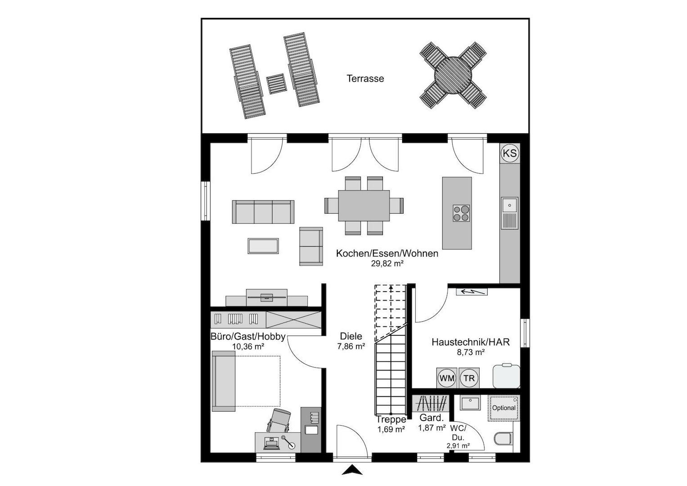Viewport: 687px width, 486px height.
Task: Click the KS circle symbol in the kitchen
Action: tap(510, 153)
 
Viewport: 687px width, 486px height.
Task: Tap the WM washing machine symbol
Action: tap(447, 378)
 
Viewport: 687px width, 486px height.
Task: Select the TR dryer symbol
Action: tap(469, 378)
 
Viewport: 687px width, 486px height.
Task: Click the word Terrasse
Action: tap(365, 79)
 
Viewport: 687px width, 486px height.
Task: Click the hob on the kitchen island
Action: tap(461, 213)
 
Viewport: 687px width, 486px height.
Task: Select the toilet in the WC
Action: tap(503, 438)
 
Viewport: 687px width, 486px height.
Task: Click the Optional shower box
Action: tap(504, 408)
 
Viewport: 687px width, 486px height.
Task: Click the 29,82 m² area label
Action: tap(387, 263)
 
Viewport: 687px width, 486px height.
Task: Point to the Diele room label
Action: tap(351, 336)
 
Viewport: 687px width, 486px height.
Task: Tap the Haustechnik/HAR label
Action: tap(471, 342)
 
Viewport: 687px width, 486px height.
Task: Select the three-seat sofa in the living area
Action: tap(263, 212)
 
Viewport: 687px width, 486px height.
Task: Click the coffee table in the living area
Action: tap(263, 246)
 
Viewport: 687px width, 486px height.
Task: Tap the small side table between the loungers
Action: tap(276, 84)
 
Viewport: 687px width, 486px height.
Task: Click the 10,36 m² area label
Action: tap(248, 346)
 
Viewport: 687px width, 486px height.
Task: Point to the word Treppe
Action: tap(391, 419)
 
